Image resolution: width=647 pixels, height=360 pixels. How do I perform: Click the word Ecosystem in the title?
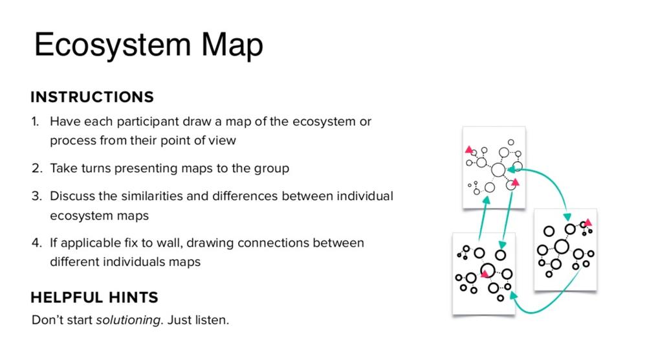[x=113, y=45]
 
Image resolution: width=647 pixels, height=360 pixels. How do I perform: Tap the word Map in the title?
[x=232, y=45]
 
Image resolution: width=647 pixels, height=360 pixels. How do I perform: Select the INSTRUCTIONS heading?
[x=92, y=97]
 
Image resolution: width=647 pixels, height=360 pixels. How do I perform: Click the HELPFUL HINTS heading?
[x=94, y=297]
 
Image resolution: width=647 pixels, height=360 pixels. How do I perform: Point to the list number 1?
[x=35, y=121]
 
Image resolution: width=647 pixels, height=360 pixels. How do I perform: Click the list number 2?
[x=36, y=168]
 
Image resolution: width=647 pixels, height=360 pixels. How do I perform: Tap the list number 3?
[x=36, y=196]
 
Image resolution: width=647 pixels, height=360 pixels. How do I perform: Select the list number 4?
[x=36, y=243]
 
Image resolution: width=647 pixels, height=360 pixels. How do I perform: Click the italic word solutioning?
[x=128, y=321]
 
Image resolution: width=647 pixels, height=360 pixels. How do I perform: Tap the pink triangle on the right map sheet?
[x=588, y=223]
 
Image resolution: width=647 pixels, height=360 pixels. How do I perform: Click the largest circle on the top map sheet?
[x=498, y=170]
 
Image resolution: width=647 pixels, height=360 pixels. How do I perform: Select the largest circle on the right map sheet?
[x=562, y=247]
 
